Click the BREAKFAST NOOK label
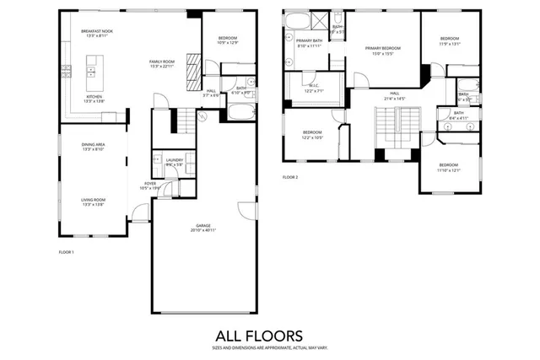coord(96,31)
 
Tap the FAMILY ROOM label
coord(163,62)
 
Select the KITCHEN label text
coord(94,96)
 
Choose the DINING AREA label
coord(93,145)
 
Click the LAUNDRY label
coord(175,159)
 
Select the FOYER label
coord(150,183)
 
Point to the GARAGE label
coord(203,225)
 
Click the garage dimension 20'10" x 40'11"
coord(203,230)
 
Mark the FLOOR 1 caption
coord(66,252)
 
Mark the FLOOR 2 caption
coord(290,177)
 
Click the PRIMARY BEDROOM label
coord(383,48)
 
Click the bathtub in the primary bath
coord(297,20)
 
